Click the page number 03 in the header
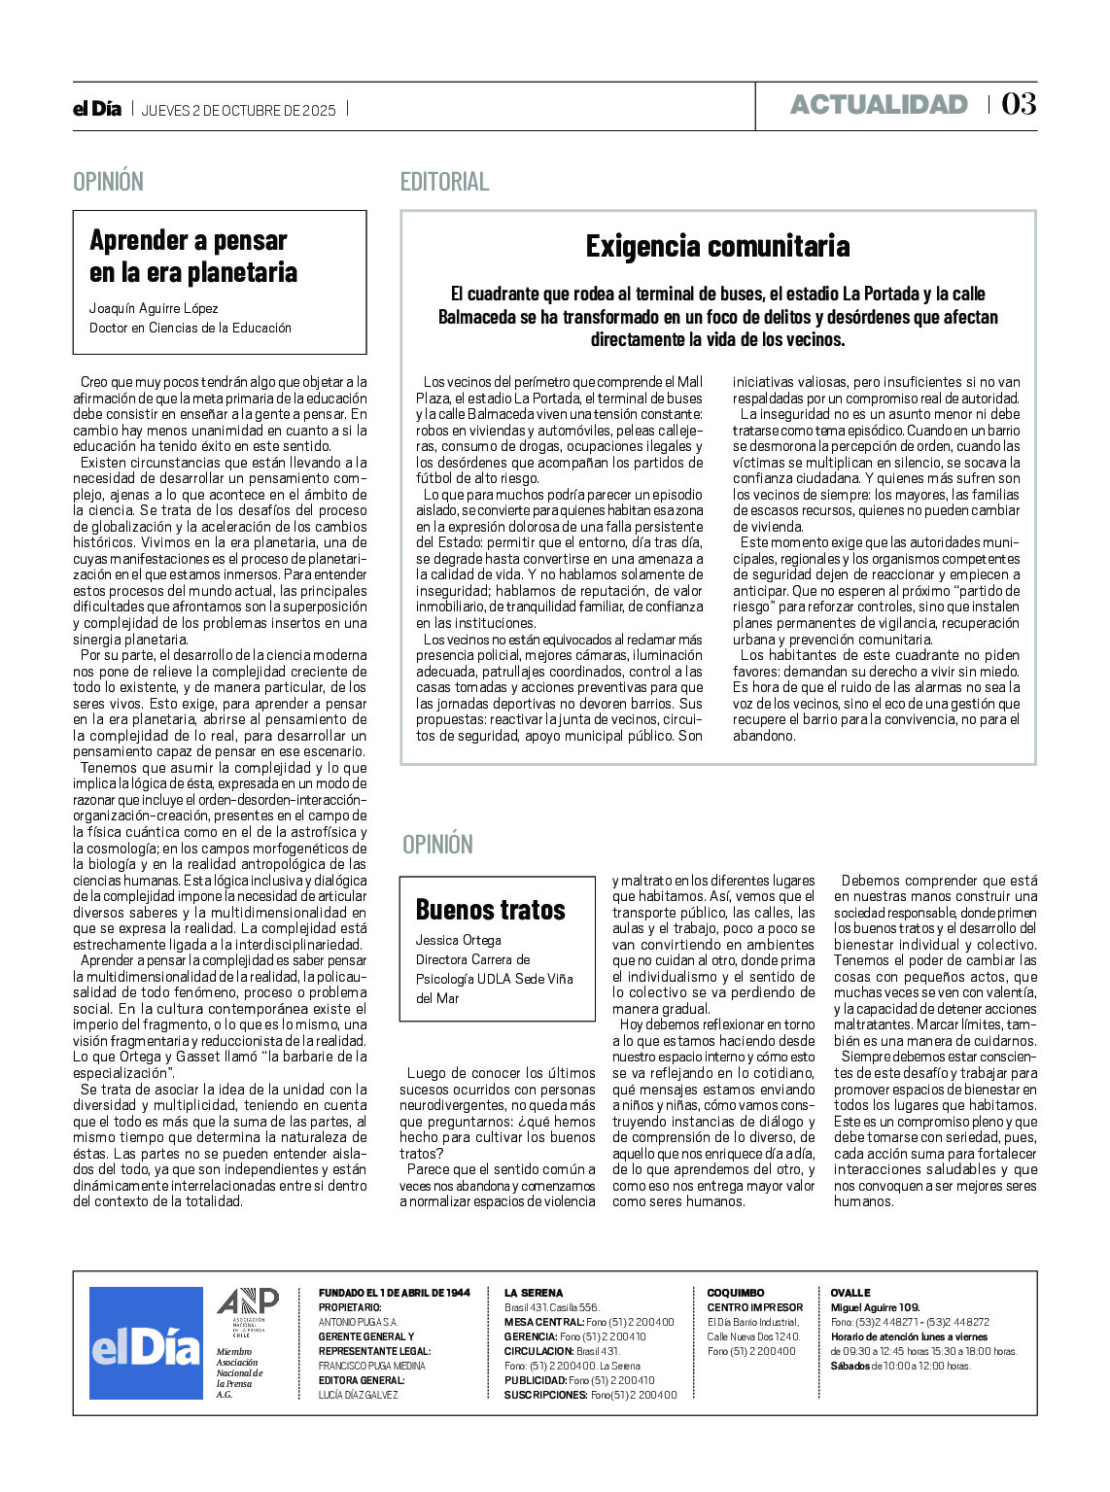click(x=1019, y=104)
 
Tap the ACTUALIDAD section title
click(x=879, y=105)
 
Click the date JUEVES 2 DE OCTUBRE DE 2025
click(x=239, y=111)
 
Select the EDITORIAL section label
click(x=444, y=182)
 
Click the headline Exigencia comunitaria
click(x=717, y=247)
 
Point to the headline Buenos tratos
click(x=490, y=910)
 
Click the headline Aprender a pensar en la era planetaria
click(x=192, y=257)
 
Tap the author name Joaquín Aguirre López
click(x=154, y=308)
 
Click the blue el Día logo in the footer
click(x=146, y=1343)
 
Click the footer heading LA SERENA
click(x=534, y=1293)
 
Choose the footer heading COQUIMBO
click(x=736, y=1293)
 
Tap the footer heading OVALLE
click(x=850, y=1293)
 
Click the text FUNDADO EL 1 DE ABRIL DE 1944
click(x=394, y=1293)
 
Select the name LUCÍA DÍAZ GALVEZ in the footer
click(x=358, y=1395)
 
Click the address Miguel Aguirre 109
click(x=875, y=1307)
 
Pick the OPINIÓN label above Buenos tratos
click(x=437, y=845)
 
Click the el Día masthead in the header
click(x=97, y=109)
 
